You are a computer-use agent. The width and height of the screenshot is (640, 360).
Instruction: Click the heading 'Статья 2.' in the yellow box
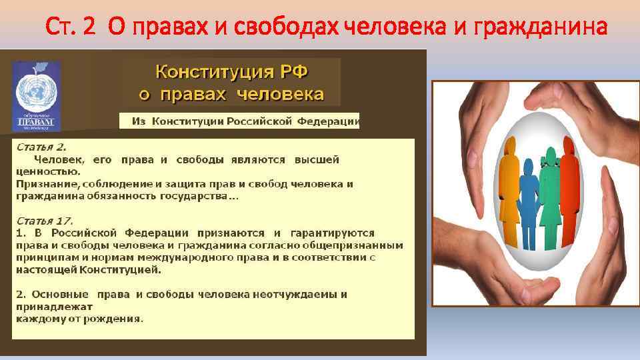click(41, 147)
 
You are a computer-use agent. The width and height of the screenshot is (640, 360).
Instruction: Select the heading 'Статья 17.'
click(44, 220)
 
